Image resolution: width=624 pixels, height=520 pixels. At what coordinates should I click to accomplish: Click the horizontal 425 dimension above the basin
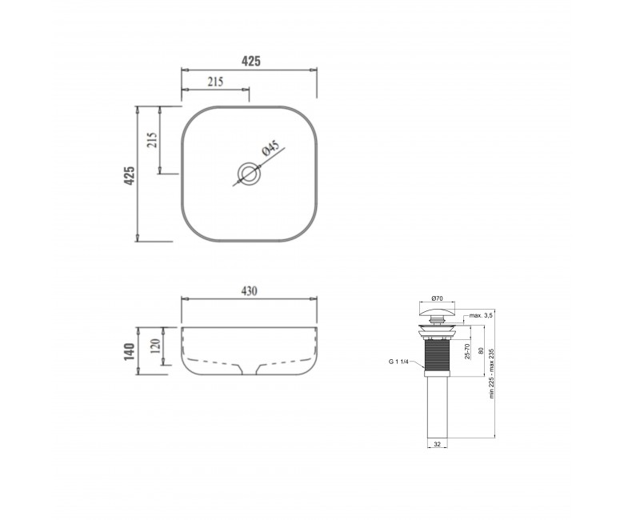coord(251,62)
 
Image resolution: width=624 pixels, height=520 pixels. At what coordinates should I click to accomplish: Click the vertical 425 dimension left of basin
coord(130,176)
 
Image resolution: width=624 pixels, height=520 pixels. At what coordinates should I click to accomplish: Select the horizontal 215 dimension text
coord(215,82)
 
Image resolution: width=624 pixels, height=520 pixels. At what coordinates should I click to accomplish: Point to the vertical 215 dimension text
coord(152,140)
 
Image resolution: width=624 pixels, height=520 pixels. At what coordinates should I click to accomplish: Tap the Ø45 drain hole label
coord(270,148)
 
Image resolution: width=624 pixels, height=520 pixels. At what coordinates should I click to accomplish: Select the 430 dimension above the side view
coord(249,291)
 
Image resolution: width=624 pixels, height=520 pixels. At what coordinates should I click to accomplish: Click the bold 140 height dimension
coord(130,351)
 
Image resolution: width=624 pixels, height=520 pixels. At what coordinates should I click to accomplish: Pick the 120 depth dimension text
coord(155,346)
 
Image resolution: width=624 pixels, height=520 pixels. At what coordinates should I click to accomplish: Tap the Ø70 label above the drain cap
coord(437,298)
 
